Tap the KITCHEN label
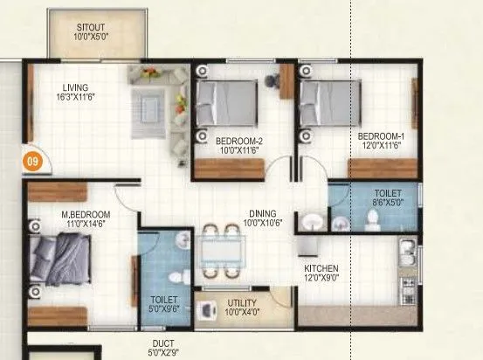321,268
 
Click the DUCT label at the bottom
163,344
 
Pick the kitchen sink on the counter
406,254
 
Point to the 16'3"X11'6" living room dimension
78,98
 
